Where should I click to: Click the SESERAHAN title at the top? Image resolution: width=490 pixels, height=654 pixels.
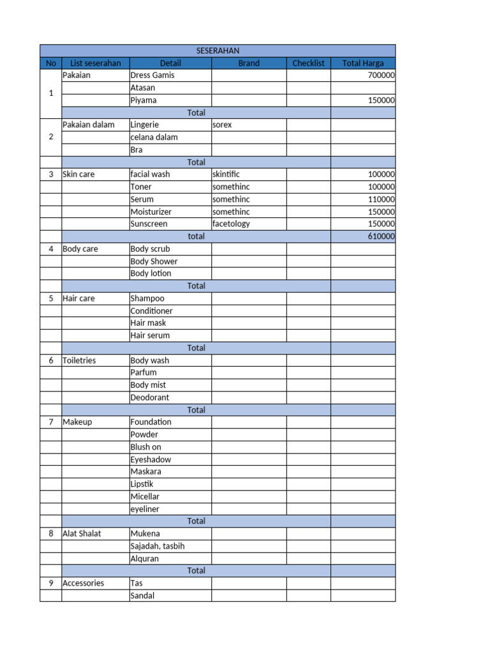218,50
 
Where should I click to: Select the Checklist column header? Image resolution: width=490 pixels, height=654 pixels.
308,63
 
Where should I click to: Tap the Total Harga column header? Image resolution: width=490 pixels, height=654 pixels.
363,63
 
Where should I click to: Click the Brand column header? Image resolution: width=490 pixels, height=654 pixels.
249,63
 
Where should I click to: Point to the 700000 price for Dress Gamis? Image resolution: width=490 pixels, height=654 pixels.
381,75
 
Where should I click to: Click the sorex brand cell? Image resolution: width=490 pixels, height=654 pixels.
222,125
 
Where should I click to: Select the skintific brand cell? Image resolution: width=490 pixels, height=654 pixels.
226,174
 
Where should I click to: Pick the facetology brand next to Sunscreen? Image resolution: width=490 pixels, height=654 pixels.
231,224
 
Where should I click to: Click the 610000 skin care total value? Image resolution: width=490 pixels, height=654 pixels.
381,236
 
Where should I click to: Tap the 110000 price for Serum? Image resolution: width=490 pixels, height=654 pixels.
381,199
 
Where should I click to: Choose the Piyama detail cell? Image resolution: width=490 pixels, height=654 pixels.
144,100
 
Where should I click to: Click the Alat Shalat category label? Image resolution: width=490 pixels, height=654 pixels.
82,534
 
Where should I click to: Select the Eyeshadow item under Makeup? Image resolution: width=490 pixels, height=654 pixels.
151,459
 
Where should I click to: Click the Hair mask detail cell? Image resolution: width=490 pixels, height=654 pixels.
148,323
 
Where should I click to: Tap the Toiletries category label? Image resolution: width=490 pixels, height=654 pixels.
79,360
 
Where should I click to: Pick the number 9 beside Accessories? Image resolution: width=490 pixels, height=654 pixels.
51,583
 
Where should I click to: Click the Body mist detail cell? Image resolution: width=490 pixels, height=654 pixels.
148,385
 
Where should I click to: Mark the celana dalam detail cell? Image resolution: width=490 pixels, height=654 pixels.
154,137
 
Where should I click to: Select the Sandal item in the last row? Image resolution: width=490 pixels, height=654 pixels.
142,596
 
